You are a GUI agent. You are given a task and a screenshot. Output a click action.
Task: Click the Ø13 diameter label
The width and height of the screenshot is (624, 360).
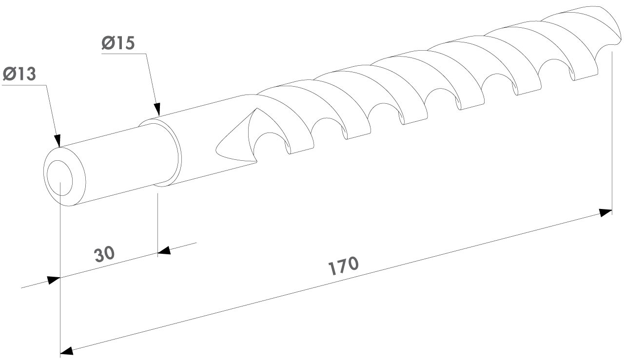[x=19, y=74]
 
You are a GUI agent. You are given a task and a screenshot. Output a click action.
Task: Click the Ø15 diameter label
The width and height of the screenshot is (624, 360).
[x=118, y=43]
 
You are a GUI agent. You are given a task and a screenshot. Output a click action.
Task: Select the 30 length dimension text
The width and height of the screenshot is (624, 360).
[x=104, y=254]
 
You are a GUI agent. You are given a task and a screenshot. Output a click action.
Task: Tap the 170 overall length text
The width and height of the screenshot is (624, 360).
[x=344, y=265]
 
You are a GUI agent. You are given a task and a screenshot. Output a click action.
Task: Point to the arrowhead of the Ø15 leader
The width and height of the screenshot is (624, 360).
[x=157, y=109]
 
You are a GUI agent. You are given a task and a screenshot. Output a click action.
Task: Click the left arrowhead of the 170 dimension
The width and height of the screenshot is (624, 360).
[x=67, y=351]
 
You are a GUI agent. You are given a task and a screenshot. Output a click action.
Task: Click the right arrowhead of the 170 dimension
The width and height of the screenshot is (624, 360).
[x=605, y=213]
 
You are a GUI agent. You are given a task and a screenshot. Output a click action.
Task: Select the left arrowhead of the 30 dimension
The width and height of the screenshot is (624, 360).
[x=54, y=280]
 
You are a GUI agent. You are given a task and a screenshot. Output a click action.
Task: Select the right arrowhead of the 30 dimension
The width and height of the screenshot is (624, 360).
[x=164, y=250]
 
